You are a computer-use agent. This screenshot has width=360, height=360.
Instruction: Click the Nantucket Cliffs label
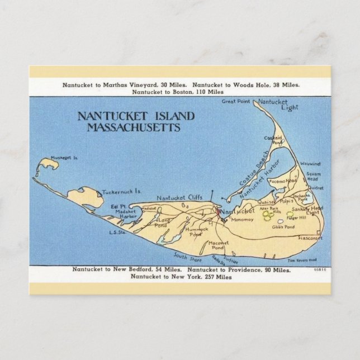pos(179,197)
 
